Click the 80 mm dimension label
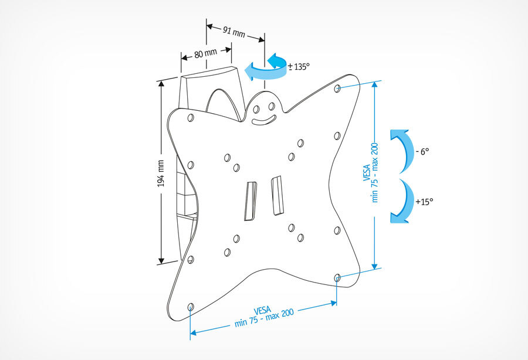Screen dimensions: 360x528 [206, 53]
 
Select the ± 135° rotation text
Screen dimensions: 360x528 [297, 67]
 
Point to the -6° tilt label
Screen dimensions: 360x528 [422, 151]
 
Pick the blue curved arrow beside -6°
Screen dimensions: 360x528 [400, 150]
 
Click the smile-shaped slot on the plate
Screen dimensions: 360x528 [265, 120]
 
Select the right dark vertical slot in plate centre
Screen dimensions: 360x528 [276, 196]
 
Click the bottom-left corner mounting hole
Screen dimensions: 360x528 [190, 306]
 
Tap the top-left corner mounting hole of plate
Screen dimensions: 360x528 [190, 118]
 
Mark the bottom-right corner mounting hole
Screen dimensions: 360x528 [337, 276]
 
